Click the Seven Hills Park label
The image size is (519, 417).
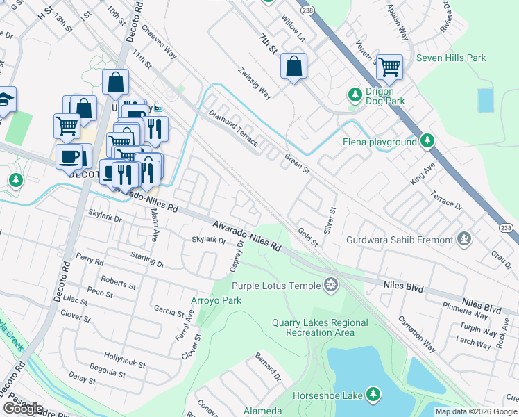click(x=451, y=58)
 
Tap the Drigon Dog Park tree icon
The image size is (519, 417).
click(x=355, y=93)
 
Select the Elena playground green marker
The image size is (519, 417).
click(x=427, y=142)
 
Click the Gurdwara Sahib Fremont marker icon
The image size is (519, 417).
click(x=464, y=240)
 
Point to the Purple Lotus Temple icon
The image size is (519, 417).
click(x=331, y=285)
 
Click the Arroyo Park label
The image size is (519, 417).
click(x=215, y=301)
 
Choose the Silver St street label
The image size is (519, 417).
click(x=330, y=220)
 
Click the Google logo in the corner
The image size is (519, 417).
click(x=22, y=408)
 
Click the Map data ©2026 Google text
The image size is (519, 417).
click(x=476, y=411)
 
